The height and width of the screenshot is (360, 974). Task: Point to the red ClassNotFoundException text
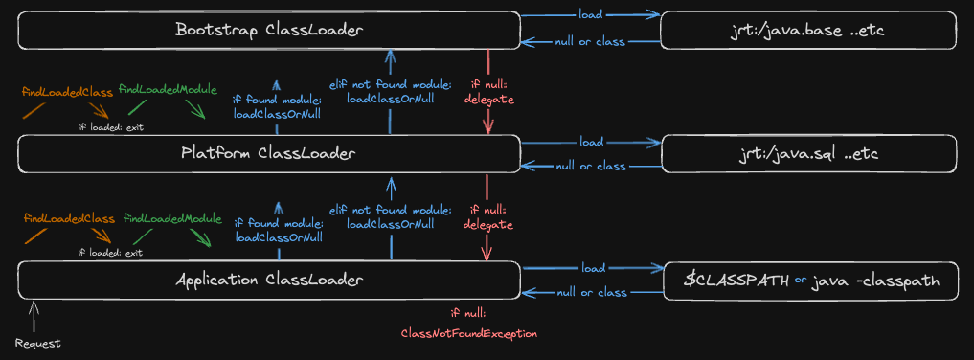[x=469, y=333]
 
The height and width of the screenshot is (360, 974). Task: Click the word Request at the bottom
[x=38, y=343]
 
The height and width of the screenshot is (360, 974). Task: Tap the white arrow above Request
[x=34, y=317]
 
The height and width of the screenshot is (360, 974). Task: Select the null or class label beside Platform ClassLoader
[x=591, y=167]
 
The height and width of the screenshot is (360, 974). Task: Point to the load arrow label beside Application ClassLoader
[x=593, y=268]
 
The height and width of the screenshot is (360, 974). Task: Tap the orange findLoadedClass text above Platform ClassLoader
[x=67, y=93]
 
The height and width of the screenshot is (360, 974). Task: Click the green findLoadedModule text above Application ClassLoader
[x=172, y=218]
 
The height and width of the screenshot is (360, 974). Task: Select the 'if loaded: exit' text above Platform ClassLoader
[x=111, y=127]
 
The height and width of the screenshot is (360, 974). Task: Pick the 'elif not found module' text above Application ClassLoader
[x=390, y=211]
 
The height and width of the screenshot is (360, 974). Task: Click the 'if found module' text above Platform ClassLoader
[x=278, y=99]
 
